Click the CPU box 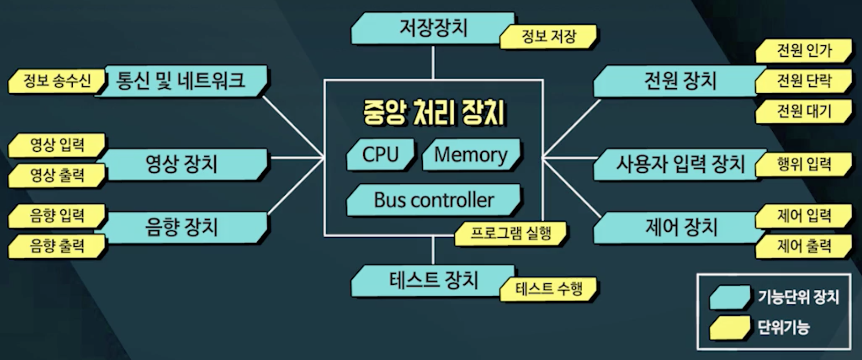pyautogui.click(x=380, y=155)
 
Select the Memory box pyautogui.click(x=471, y=155)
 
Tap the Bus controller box pyautogui.click(x=433, y=200)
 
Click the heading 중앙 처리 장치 pyautogui.click(x=433, y=113)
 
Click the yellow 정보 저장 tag pyautogui.click(x=549, y=37)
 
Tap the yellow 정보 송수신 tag pyautogui.click(x=57, y=81)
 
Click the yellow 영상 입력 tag pyautogui.click(x=57, y=145)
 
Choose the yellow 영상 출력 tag pyautogui.click(x=57, y=175)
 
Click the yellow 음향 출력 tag pyautogui.click(x=57, y=246)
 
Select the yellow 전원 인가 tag pyautogui.click(x=803, y=51)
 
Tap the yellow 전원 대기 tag pyautogui.click(x=803, y=112)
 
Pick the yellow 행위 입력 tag pyautogui.click(x=803, y=164)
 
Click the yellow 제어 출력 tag pyautogui.click(x=803, y=246)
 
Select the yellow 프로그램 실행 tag pyautogui.click(x=510, y=233)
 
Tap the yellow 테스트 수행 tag pyautogui.click(x=549, y=289)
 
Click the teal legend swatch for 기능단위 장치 pyautogui.click(x=729, y=297)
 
